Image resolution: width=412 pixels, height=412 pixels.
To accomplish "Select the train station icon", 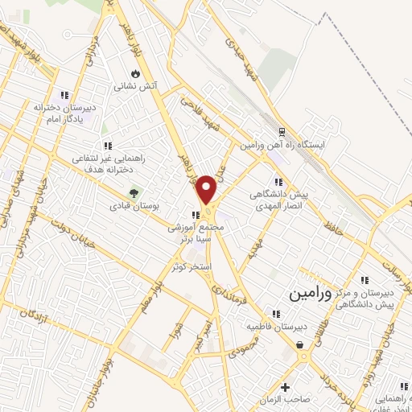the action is (x=282, y=132).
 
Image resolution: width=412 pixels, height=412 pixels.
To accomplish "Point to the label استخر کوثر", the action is (x=190, y=266).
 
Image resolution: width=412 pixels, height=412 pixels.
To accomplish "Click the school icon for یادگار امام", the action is (x=64, y=95).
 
